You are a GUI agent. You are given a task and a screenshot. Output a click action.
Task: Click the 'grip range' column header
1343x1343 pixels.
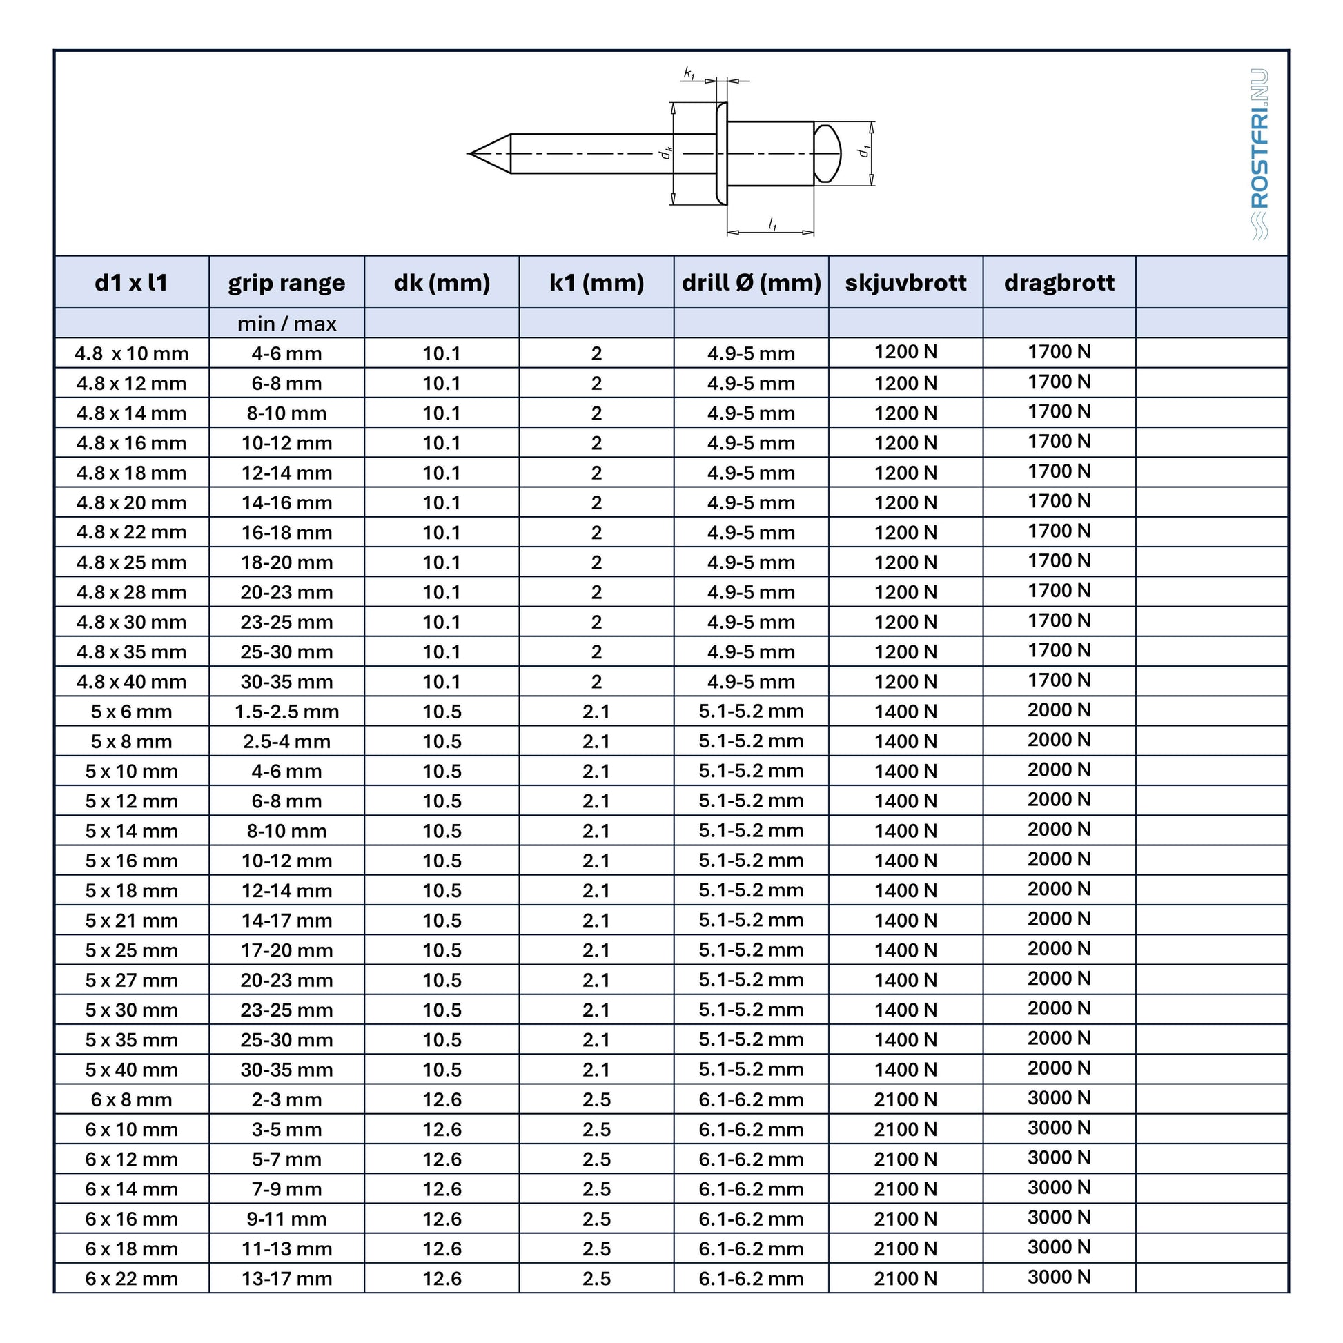click(286, 283)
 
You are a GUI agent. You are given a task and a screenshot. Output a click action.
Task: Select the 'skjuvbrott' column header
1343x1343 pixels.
click(905, 283)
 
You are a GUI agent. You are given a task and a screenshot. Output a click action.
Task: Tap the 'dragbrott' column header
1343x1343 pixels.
click(1059, 283)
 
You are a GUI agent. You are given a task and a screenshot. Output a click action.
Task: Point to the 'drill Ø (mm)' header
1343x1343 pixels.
click(751, 283)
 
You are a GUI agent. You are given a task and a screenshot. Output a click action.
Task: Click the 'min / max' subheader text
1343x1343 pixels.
click(286, 324)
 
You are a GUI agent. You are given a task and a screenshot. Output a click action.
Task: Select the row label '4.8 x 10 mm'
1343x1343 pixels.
click(131, 354)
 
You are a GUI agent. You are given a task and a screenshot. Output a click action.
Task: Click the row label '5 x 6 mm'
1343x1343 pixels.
click(131, 712)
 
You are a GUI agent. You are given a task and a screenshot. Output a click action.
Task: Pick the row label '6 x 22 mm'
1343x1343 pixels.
click(131, 1278)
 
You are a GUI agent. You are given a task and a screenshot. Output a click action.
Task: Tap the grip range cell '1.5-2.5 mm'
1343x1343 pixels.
click(286, 712)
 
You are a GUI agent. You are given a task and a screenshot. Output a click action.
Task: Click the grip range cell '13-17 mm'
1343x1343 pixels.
click(286, 1278)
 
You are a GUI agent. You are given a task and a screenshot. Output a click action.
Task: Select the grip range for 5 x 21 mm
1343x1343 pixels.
click(286, 921)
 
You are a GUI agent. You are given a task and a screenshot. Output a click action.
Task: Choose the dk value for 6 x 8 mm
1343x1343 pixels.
click(442, 1099)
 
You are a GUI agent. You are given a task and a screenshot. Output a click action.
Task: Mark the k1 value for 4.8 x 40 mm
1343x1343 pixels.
click(596, 682)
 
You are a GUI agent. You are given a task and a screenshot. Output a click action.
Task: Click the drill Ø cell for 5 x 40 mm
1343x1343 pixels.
click(751, 1070)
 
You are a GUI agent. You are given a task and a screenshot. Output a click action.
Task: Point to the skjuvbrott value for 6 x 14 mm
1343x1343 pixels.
click(905, 1188)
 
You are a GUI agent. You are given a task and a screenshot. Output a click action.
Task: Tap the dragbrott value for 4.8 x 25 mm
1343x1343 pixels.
click(1059, 561)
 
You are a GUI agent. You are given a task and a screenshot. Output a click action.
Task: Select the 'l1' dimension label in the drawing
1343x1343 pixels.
click(772, 224)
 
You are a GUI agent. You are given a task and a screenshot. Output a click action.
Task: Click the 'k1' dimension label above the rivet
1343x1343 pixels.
click(689, 72)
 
